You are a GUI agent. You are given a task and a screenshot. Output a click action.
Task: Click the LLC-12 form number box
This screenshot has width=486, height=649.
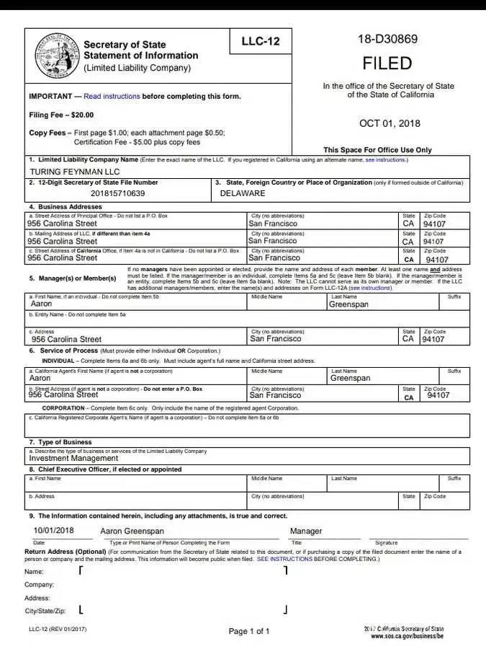(x=260, y=42)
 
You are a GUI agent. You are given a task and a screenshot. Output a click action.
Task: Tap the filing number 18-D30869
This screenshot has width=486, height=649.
(x=387, y=39)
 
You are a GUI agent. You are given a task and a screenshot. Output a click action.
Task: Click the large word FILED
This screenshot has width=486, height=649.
(x=387, y=63)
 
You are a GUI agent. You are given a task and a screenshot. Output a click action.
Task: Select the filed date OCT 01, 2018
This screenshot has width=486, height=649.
(x=388, y=123)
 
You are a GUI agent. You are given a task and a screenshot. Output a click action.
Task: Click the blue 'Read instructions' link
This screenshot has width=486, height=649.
(x=112, y=96)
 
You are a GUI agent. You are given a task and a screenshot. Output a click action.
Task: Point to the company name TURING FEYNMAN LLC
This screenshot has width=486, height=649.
(x=75, y=172)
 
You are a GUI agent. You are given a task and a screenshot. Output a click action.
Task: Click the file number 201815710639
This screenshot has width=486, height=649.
(x=118, y=193)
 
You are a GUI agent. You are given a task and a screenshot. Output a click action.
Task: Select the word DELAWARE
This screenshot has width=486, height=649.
(x=243, y=193)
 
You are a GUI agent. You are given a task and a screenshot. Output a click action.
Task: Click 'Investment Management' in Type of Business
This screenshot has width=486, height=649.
(x=73, y=458)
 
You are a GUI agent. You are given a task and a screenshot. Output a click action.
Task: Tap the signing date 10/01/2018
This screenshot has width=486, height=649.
(x=54, y=531)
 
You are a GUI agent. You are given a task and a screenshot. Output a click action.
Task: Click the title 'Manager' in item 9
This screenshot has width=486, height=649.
(x=306, y=531)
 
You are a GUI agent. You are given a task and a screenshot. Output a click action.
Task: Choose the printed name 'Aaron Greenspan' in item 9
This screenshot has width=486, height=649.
(x=132, y=531)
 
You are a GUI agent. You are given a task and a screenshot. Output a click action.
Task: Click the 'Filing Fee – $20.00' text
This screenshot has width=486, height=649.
(x=61, y=115)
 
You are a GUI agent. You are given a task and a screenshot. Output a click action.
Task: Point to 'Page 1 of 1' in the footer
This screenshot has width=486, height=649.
(x=249, y=632)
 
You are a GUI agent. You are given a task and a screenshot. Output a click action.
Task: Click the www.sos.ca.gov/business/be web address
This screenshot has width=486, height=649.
(x=408, y=636)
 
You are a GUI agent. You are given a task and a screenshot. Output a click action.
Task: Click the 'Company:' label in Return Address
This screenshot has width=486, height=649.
(x=39, y=585)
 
